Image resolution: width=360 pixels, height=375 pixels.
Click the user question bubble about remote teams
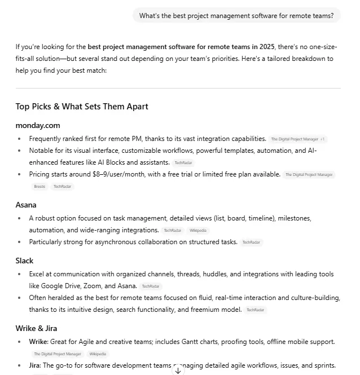coord(236,15)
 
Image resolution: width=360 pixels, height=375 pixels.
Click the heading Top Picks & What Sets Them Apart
coord(82,106)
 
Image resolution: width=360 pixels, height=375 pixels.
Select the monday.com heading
coord(38,125)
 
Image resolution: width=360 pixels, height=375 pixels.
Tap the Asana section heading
coord(26,205)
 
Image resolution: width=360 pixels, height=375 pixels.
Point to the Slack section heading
coord(24,261)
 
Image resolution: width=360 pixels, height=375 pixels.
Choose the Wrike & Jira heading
coord(36,328)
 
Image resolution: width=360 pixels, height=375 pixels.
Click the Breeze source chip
coord(39,186)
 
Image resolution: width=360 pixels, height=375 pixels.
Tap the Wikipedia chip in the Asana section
coord(197,230)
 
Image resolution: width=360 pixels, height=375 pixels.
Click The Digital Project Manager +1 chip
coord(297,139)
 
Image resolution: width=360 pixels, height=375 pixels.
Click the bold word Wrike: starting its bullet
coord(39,342)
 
